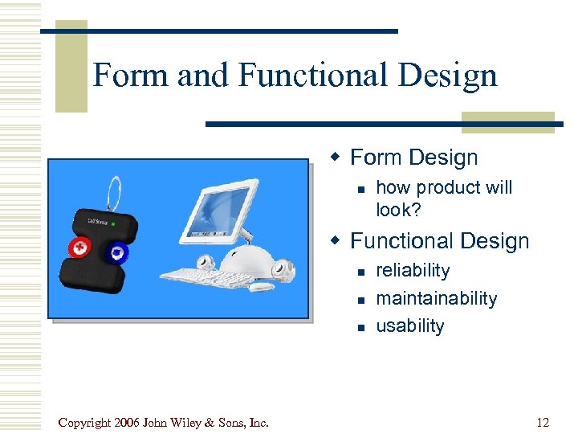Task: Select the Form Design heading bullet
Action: click(413, 158)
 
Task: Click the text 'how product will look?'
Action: click(444, 199)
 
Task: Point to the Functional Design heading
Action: click(440, 241)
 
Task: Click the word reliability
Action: click(413, 271)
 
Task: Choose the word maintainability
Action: click(436, 298)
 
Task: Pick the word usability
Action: click(409, 325)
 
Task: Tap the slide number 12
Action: click(543, 423)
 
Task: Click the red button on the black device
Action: click(79, 248)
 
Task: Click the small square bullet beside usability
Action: click(362, 326)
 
